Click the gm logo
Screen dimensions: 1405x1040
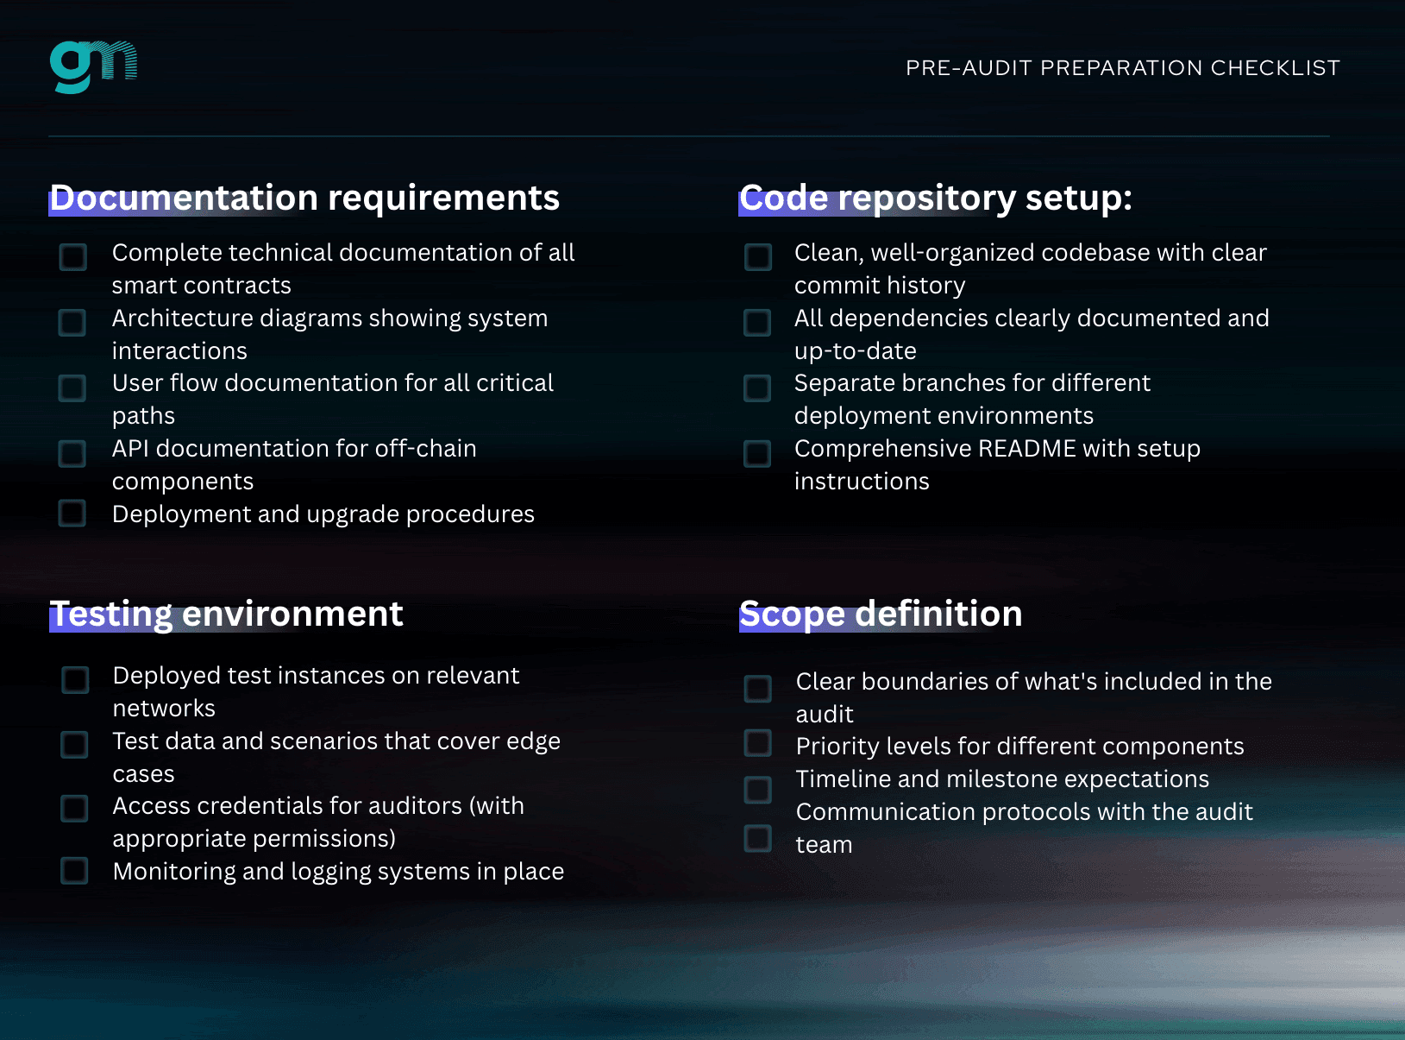click(94, 66)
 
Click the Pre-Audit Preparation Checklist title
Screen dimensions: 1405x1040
click(1122, 68)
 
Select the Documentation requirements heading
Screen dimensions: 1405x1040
click(304, 198)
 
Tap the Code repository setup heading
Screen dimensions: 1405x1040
click(936, 198)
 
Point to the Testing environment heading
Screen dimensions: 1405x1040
click(226, 614)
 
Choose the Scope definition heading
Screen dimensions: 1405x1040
click(881, 614)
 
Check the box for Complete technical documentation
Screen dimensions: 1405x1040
click(72, 257)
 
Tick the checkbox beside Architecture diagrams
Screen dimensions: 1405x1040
click(72, 322)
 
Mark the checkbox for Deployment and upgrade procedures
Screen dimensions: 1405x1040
click(72, 513)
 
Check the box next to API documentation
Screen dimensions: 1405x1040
click(72, 453)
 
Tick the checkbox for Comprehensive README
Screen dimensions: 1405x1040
click(757, 453)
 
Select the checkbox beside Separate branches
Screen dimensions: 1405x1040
click(757, 388)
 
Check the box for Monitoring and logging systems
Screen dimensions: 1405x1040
click(74, 871)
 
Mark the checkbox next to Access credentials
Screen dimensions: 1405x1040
click(74, 809)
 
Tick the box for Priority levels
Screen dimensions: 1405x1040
click(757, 743)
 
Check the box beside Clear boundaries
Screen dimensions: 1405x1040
click(757, 688)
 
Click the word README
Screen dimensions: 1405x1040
click(1027, 448)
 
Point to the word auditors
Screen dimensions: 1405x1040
click(415, 805)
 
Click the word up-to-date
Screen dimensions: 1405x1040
click(856, 351)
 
